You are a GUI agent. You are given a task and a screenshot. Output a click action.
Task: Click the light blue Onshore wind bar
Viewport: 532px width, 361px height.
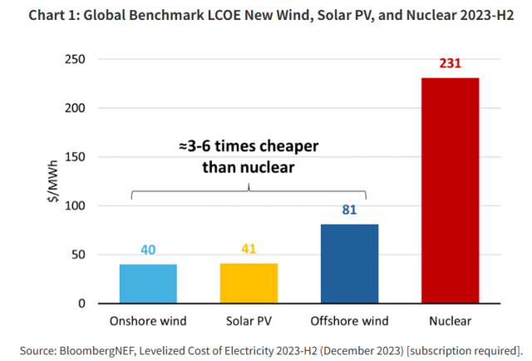coord(149,284)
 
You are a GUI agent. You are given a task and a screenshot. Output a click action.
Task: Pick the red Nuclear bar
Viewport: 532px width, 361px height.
coord(449,190)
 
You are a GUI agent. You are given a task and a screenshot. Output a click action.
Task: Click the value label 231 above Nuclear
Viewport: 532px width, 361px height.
coord(450,64)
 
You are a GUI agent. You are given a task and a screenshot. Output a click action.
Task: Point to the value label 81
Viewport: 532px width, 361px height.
coord(349,210)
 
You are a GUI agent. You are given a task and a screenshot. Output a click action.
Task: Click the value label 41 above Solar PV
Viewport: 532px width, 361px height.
coord(249,249)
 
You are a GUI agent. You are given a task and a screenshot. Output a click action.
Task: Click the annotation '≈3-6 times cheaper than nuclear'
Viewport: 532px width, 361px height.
coord(249,156)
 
